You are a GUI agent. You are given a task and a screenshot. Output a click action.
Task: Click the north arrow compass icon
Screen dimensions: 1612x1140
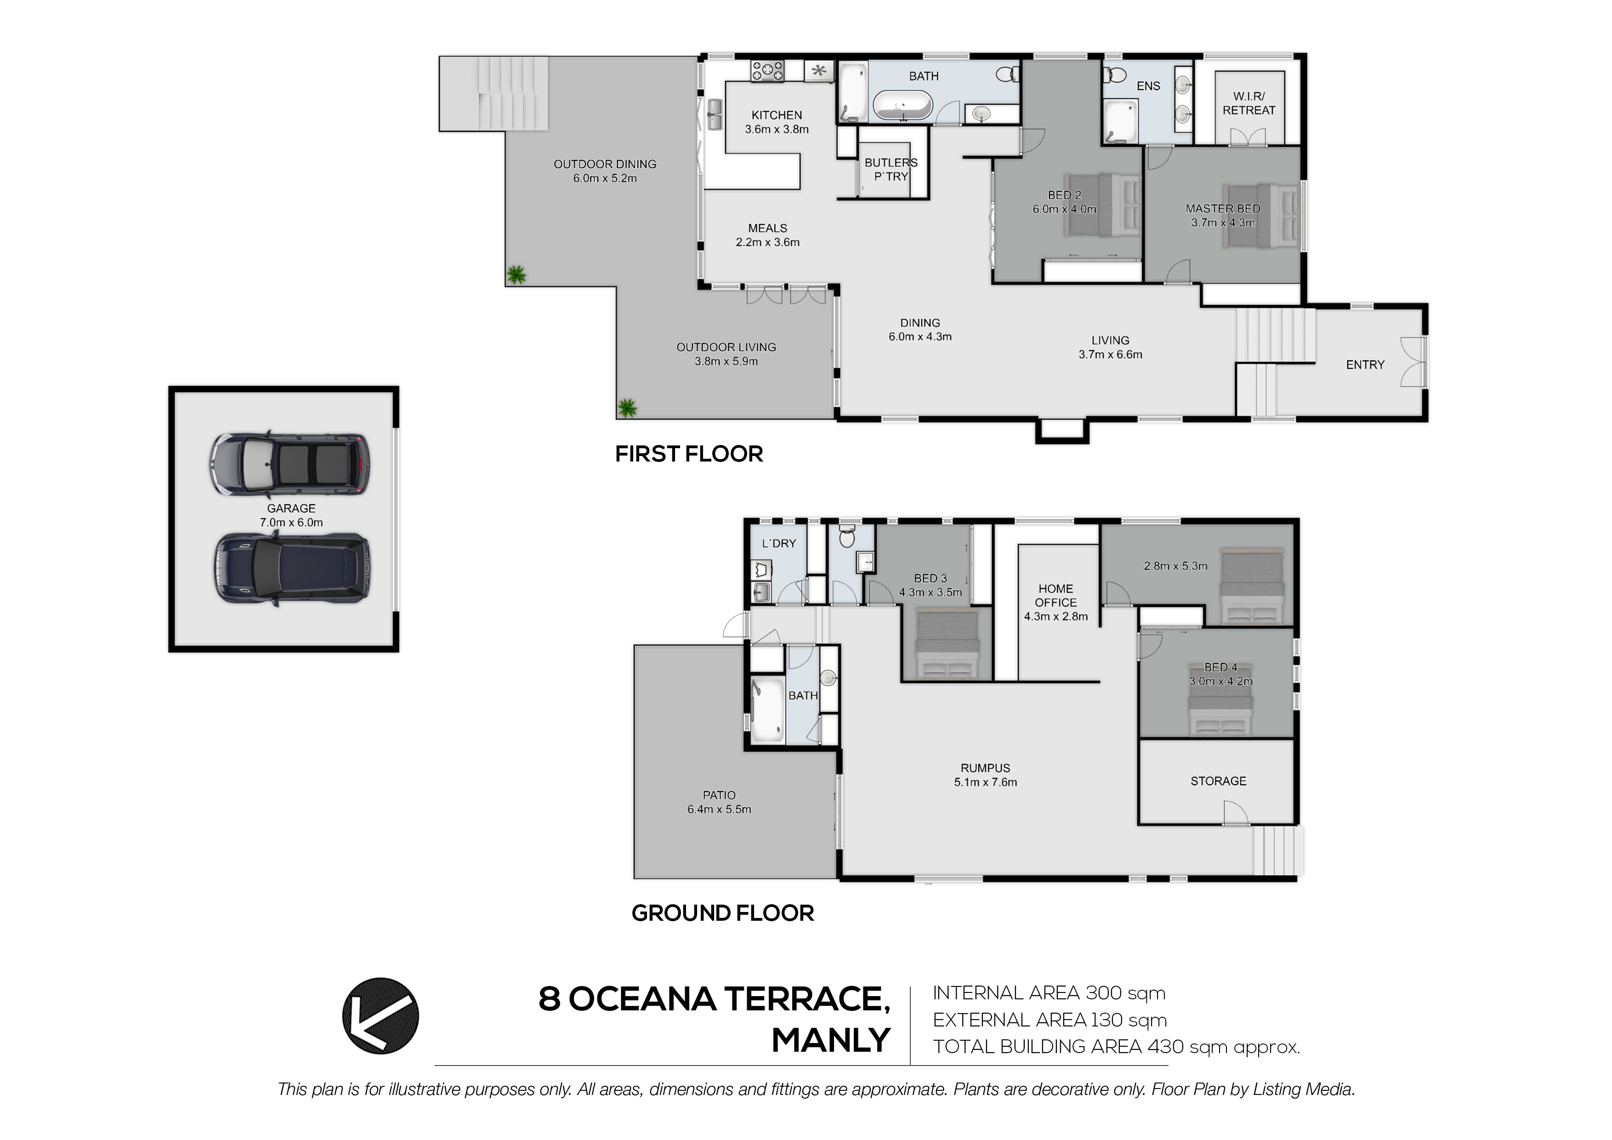click(x=380, y=1016)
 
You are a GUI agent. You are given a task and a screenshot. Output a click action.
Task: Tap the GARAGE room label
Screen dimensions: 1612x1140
click(x=291, y=508)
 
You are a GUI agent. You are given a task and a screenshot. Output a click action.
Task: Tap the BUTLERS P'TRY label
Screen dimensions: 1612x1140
click(x=891, y=169)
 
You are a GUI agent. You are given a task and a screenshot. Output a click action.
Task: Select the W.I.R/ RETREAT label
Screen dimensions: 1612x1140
click(x=1249, y=103)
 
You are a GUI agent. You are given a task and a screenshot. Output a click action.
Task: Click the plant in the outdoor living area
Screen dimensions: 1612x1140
click(x=627, y=407)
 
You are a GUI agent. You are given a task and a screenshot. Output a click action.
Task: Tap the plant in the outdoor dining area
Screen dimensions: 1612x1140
click(x=517, y=274)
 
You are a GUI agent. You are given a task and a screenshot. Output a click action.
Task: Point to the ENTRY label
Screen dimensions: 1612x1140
click(x=1365, y=365)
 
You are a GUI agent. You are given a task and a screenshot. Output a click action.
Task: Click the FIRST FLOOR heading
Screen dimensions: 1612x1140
click(x=689, y=454)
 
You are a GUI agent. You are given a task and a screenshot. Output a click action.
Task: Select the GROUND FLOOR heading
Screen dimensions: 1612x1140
click(x=722, y=912)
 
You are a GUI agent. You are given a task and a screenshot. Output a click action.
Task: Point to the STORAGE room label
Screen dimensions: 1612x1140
click(x=1218, y=781)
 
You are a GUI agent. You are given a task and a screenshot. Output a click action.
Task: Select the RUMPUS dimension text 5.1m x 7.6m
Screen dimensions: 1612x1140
click(x=985, y=782)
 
